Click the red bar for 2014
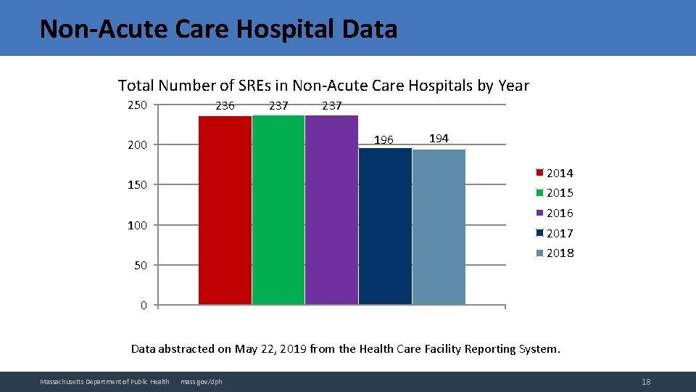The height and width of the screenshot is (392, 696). (x=225, y=211)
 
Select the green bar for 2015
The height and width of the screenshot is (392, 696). (x=278, y=211)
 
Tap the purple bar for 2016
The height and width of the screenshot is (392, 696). (x=331, y=211)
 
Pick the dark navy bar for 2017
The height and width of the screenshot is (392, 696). (x=385, y=225)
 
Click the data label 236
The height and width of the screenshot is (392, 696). (x=225, y=106)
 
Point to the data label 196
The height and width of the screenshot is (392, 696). (x=384, y=139)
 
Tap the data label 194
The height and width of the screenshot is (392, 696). (x=439, y=138)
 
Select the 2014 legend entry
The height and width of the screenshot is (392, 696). (x=555, y=173)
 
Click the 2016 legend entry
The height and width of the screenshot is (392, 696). (x=555, y=213)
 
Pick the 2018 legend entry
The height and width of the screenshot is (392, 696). (x=555, y=253)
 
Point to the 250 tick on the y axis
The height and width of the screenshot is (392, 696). (x=137, y=105)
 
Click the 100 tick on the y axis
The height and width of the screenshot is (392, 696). (x=137, y=225)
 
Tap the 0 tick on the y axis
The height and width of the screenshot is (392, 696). (x=144, y=306)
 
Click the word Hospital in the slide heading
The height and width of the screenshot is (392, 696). (x=278, y=29)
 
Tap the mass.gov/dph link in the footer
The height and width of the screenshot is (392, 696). (x=202, y=382)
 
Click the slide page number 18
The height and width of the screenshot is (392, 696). (x=646, y=382)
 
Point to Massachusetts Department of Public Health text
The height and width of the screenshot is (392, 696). (x=104, y=382)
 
